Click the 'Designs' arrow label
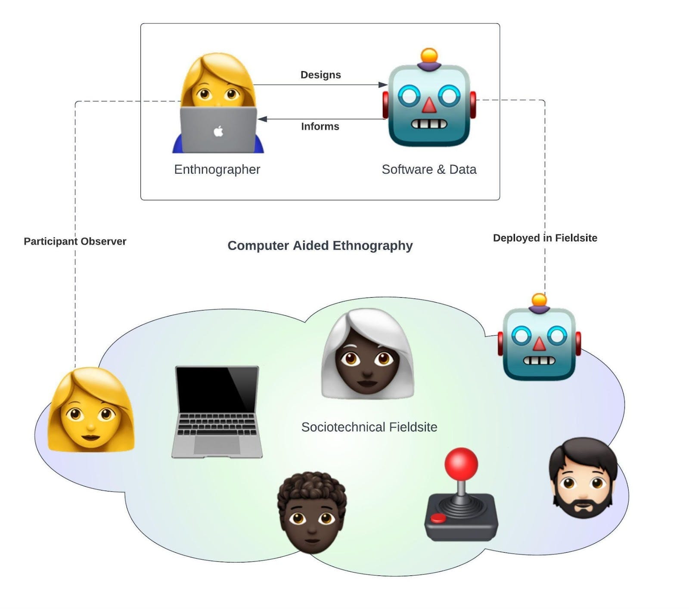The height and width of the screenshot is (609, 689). (320, 75)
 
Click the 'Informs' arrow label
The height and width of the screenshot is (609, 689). (320, 127)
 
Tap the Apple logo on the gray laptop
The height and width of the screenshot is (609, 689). (218, 131)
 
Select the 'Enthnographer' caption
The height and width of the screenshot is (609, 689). (217, 169)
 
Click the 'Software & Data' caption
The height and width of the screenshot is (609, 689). (429, 169)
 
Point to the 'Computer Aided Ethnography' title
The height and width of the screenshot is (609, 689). (320, 245)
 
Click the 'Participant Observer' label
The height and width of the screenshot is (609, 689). (75, 242)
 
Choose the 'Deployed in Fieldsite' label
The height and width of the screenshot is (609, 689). (545, 238)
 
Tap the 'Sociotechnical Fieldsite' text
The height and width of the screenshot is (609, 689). (369, 427)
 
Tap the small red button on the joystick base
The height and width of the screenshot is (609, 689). (438, 518)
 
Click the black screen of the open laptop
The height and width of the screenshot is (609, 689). (217, 390)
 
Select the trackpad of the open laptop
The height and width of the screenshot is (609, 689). (217, 445)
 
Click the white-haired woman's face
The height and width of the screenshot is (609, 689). (367, 366)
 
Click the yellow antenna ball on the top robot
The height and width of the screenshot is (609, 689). (429, 56)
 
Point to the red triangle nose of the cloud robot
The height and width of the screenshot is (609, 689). (539, 343)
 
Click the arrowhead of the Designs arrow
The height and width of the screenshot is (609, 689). (382, 85)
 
